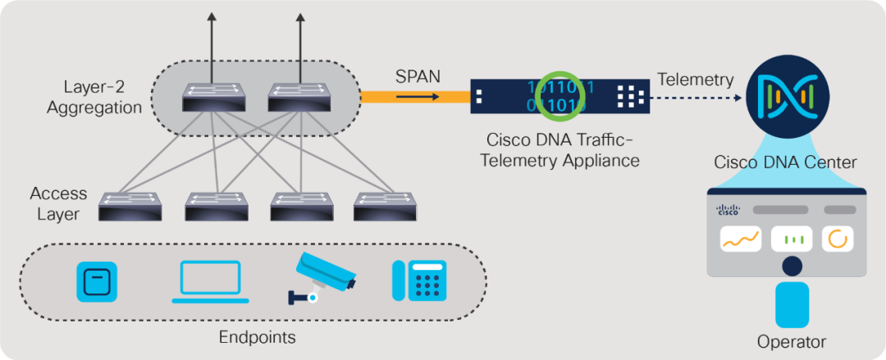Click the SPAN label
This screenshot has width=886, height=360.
(x=418, y=76)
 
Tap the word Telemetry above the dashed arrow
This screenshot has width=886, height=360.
(x=696, y=79)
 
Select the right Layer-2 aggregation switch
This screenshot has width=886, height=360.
(x=299, y=98)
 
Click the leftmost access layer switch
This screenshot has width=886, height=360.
(x=129, y=207)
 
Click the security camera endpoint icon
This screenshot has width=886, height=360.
(x=322, y=276)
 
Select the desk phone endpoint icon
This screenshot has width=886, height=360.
(x=419, y=281)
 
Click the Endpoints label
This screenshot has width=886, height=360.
(x=257, y=337)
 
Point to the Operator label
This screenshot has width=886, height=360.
(x=792, y=341)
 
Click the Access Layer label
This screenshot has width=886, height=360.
(x=58, y=204)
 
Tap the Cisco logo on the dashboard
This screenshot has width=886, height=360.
(x=728, y=210)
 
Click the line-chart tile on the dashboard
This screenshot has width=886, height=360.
(x=741, y=239)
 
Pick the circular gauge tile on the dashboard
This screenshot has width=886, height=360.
(x=838, y=239)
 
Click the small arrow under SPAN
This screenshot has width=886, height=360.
(x=418, y=96)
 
